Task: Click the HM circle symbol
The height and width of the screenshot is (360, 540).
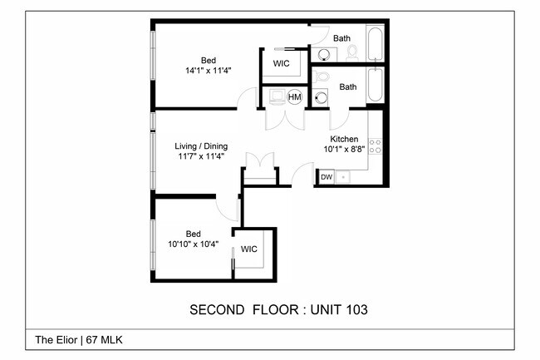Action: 294,97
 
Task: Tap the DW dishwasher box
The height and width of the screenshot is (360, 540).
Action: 326,177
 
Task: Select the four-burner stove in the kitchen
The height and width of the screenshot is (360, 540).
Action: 375,146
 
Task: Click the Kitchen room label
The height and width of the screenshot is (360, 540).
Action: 344,139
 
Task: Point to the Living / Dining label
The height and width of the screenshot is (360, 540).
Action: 201,146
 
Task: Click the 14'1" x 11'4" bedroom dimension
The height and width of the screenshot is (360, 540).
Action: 208,71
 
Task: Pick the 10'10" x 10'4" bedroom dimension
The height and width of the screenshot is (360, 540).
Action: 193,244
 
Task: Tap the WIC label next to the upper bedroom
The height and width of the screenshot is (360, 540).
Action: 281,63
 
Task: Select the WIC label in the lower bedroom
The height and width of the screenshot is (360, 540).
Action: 249,249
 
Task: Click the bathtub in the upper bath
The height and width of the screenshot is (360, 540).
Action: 375,43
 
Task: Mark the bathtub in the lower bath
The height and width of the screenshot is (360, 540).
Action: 375,85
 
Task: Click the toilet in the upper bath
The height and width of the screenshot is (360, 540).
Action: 352,53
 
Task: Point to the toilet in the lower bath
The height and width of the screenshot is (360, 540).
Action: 320,76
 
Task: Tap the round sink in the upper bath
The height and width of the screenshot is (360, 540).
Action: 324,54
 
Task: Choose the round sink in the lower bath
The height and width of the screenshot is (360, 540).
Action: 321,98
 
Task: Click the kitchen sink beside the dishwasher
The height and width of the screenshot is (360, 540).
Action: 342,177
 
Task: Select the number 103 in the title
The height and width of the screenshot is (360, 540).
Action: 356,310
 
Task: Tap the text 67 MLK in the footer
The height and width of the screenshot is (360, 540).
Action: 104,340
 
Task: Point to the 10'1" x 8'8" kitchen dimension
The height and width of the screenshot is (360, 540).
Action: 344,150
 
